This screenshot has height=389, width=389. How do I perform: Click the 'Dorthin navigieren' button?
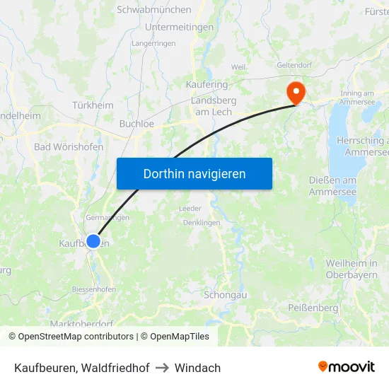point(194,173)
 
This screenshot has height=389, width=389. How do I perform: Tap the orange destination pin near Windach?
point(294,93)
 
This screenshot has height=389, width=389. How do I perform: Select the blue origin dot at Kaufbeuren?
point(93,241)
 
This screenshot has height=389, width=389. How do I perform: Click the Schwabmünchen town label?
point(154,10)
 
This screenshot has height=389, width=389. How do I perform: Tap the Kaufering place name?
point(207,85)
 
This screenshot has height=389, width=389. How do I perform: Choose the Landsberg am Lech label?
point(214,106)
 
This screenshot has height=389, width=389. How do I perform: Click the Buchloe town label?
point(137,123)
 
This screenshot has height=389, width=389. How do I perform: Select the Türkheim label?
point(93,105)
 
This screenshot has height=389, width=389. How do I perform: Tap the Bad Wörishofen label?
point(69,147)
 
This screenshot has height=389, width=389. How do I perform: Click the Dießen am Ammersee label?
point(332,186)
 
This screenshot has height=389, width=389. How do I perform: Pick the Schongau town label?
point(224,294)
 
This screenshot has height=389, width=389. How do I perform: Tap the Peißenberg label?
point(313,308)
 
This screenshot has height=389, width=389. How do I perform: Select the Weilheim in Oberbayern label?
point(352,269)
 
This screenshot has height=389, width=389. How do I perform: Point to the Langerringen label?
point(153,43)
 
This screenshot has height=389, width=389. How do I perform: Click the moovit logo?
point(347,367)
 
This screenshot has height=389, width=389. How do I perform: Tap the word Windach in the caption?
point(198,368)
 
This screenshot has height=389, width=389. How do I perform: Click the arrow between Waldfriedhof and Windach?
point(162,368)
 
